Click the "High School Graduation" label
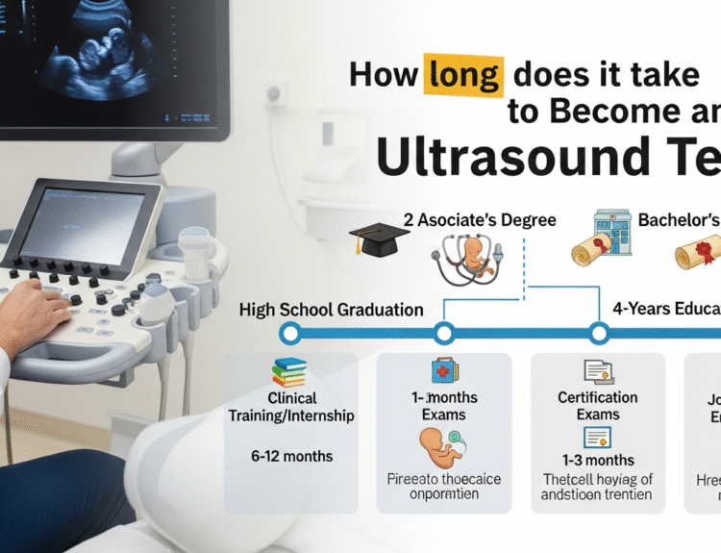331,310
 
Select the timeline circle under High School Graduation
289,334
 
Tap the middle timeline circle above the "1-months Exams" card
443,334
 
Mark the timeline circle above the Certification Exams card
599,334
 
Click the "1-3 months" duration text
597,460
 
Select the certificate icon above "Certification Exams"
597,372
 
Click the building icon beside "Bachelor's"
613,230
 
